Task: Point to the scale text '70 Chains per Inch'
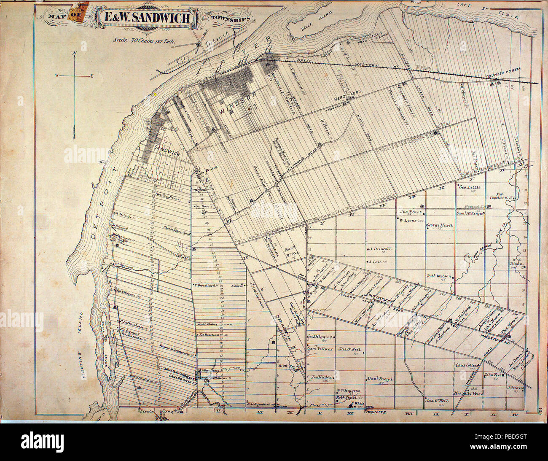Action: pyautogui.click(x=146, y=41)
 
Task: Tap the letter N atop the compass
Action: pyautogui.click(x=74, y=53)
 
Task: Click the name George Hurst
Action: pyautogui.click(x=439, y=225)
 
